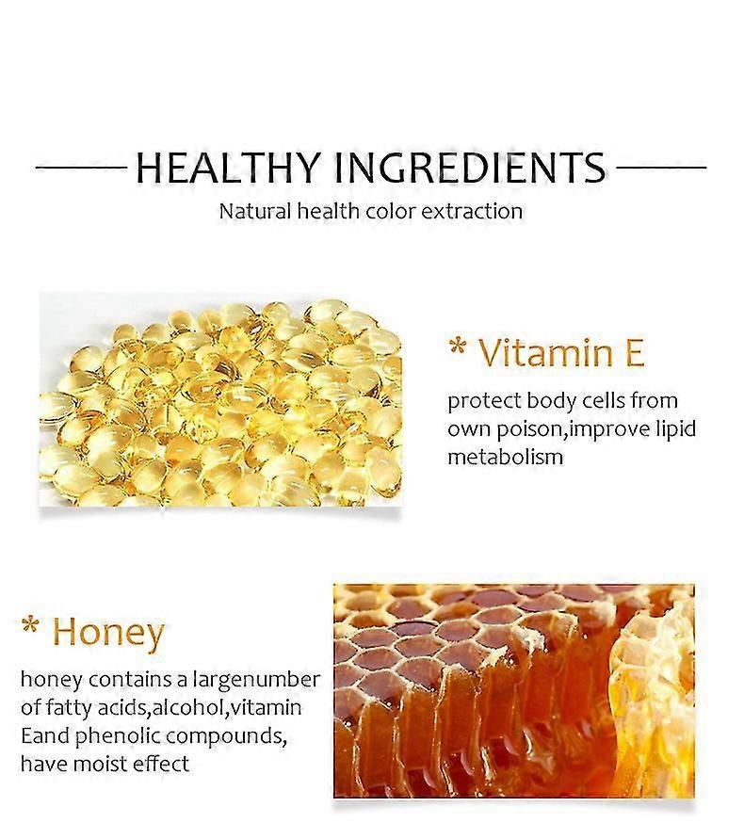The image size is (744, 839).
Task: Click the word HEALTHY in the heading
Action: (228, 168)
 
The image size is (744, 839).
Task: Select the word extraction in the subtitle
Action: (472, 211)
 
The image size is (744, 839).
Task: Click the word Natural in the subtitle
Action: (255, 211)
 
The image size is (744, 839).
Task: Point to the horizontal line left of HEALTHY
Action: (81, 168)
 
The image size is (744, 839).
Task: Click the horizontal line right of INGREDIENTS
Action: (661, 168)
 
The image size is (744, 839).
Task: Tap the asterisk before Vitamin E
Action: (457, 347)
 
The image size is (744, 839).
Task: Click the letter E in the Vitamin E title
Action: (635, 352)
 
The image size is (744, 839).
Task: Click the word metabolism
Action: (506, 457)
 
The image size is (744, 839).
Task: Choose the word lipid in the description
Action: (676, 429)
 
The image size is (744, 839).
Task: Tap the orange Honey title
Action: (108, 633)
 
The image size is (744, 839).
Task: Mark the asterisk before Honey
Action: (31, 625)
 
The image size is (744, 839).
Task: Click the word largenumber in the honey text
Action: (256, 680)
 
